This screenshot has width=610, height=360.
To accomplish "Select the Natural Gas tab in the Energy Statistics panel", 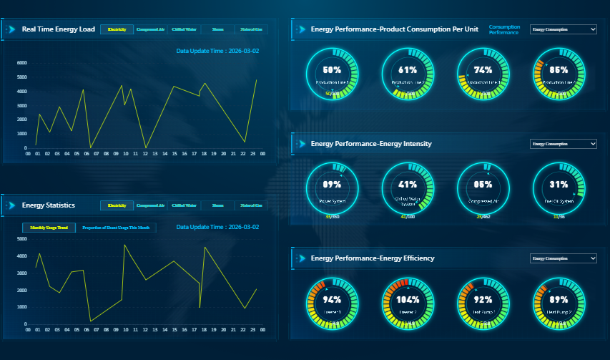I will click(x=250, y=205).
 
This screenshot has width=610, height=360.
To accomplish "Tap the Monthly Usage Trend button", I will click(x=49, y=228).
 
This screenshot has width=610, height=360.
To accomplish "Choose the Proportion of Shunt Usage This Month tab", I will click(x=116, y=228).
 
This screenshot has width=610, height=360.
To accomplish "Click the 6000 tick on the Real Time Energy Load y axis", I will click(x=21, y=63).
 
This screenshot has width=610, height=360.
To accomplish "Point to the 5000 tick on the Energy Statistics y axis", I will click(x=21, y=239).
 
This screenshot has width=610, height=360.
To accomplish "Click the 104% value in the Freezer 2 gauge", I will click(x=408, y=300).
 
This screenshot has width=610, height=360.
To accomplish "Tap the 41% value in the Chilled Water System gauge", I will click(x=408, y=184).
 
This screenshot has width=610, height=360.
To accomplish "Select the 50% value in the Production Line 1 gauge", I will click(x=332, y=70).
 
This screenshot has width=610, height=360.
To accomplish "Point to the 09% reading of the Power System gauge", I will click(x=332, y=184).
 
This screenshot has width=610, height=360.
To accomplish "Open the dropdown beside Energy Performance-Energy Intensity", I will click(x=563, y=144).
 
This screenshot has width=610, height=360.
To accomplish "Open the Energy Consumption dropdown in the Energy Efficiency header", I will click(x=563, y=258).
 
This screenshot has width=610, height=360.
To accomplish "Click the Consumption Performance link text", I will click(x=504, y=29).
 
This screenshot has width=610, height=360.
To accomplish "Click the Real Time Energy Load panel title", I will click(x=58, y=29).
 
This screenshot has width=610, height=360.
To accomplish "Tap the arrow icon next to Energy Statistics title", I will click(x=10, y=205).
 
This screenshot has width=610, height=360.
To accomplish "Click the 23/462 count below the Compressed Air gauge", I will click(x=483, y=216).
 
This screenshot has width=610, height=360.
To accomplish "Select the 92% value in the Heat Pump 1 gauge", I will click(x=483, y=300).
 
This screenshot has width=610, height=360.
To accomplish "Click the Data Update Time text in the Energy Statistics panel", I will click(x=217, y=227).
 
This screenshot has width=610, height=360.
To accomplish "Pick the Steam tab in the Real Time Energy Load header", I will click(x=217, y=29).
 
